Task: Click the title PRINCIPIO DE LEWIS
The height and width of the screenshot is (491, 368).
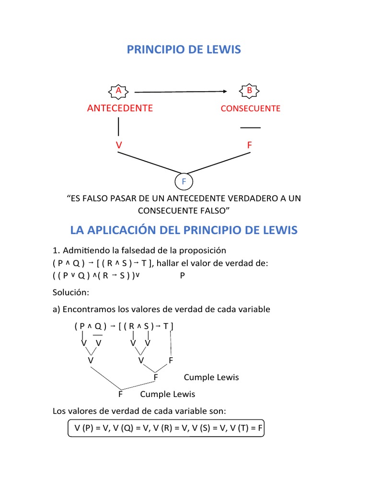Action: (x=184, y=49)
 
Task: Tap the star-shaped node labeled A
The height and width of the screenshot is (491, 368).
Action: (x=118, y=91)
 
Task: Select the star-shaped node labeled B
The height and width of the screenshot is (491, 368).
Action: (x=249, y=91)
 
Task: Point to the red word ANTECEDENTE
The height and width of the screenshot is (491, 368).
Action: (x=120, y=108)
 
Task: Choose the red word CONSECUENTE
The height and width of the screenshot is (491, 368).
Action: (x=250, y=108)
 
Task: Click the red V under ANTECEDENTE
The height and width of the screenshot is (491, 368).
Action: (x=118, y=145)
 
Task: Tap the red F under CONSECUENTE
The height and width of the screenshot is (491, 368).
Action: (x=249, y=145)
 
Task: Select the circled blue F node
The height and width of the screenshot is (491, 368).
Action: (x=184, y=182)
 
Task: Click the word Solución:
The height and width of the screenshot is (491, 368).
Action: (x=72, y=292)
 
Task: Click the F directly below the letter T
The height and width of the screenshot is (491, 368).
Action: (x=171, y=360)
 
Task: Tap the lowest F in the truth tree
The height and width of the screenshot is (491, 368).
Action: (x=120, y=394)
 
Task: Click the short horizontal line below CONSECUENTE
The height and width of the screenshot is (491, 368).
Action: (x=250, y=128)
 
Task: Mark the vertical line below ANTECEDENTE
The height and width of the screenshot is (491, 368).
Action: (x=118, y=127)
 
